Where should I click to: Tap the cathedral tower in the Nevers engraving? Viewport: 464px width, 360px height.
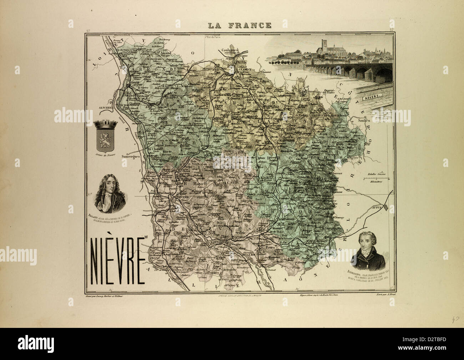click(x=324, y=46)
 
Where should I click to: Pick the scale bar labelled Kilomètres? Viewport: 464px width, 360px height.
click(x=377, y=178)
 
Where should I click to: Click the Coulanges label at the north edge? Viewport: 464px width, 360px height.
click(x=230, y=51)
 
